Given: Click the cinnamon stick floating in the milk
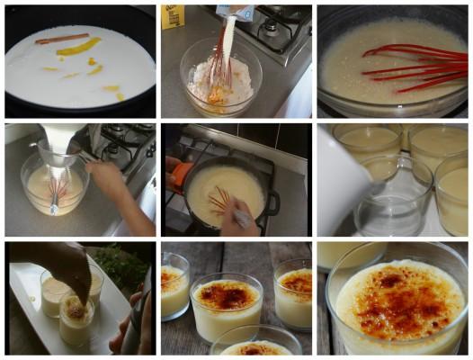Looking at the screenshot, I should pyautogui.click(x=62, y=39).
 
